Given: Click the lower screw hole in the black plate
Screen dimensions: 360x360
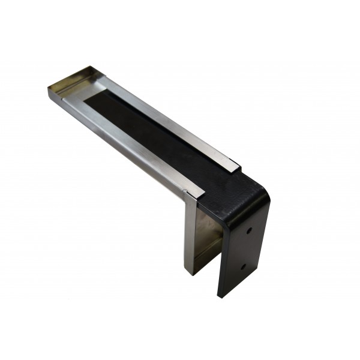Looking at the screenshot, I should [x=243, y=266].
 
